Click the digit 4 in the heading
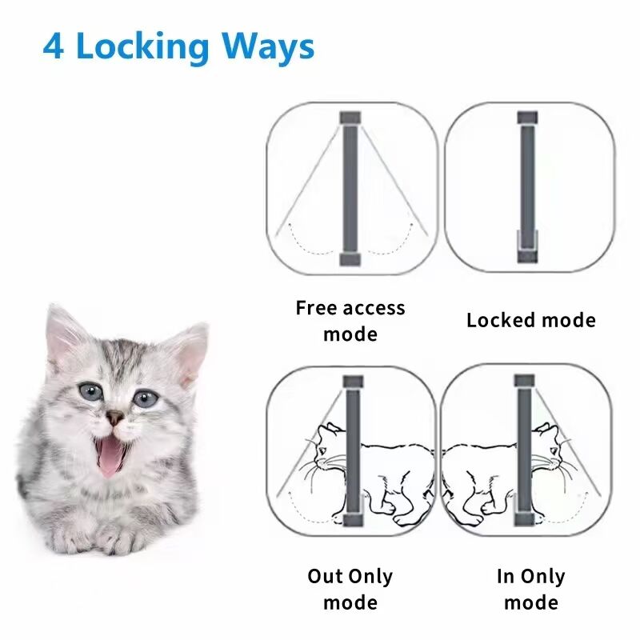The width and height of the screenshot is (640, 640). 54,46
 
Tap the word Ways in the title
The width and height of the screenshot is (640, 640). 274,48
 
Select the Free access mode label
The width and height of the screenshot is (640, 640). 350,321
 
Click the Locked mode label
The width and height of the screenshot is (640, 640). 531,321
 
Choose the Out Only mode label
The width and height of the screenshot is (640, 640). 350,589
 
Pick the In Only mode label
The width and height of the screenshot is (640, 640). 530,589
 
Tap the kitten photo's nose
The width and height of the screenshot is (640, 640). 117,417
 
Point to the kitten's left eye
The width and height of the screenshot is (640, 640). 90,392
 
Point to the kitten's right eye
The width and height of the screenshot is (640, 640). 144,398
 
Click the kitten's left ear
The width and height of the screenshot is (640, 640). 62,332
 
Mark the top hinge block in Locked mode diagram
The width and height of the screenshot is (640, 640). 527,118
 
